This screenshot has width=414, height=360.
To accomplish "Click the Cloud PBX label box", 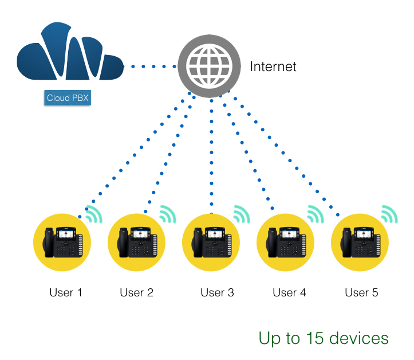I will point(68,98).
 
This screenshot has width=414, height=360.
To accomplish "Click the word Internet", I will point(273,66).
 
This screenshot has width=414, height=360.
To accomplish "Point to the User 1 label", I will point(66,293).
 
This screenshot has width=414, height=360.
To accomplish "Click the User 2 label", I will point(136,293).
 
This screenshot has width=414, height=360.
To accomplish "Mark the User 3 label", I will point(217,293).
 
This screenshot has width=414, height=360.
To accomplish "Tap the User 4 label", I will point(289,293).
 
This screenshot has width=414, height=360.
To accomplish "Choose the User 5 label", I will point(361,293).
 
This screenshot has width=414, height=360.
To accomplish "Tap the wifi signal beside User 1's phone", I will point(93,214).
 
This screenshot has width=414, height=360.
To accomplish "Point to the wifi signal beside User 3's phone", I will point(242,214).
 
